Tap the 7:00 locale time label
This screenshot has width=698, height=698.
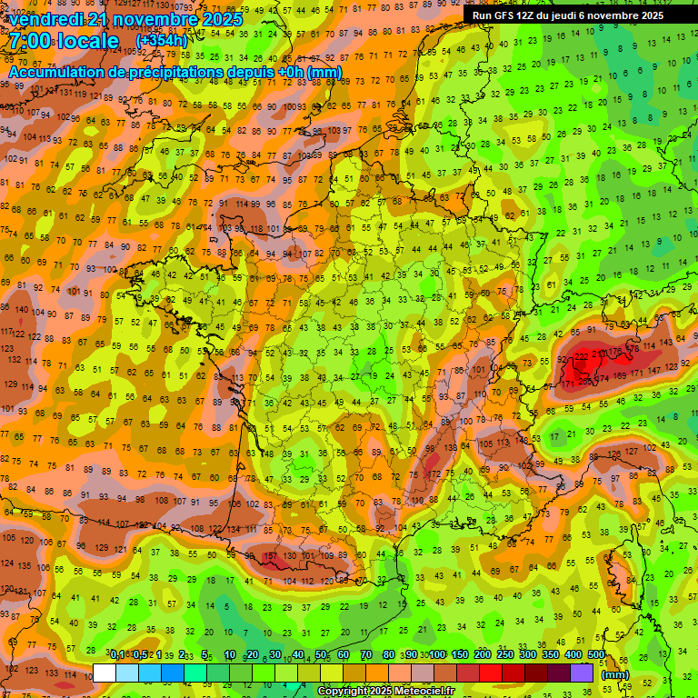[x=64, y=42]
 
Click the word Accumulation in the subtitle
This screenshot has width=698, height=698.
[x=52, y=72]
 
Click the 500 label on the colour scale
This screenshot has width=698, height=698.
[x=596, y=655]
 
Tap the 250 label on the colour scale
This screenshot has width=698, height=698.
[x=504, y=655]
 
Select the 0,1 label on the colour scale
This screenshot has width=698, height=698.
[x=117, y=655]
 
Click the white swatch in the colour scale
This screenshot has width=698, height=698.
[x=105, y=673]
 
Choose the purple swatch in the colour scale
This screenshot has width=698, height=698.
[x=582, y=673]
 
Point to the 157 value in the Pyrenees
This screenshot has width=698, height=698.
[x=270, y=556]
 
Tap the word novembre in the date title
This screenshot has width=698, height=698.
[x=148, y=19]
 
